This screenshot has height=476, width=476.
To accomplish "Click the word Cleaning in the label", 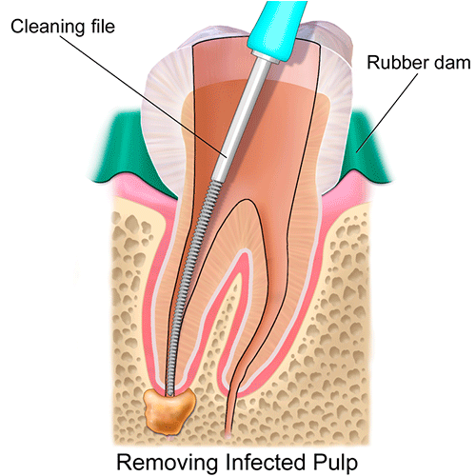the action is (x=48, y=27).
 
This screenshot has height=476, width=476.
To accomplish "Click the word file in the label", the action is (x=103, y=26).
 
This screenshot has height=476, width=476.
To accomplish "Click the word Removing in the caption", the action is (x=168, y=462).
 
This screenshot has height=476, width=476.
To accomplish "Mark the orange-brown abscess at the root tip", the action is (x=169, y=410).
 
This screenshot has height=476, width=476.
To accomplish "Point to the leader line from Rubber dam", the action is (x=387, y=113).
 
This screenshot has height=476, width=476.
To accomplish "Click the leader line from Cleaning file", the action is (x=144, y=96).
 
